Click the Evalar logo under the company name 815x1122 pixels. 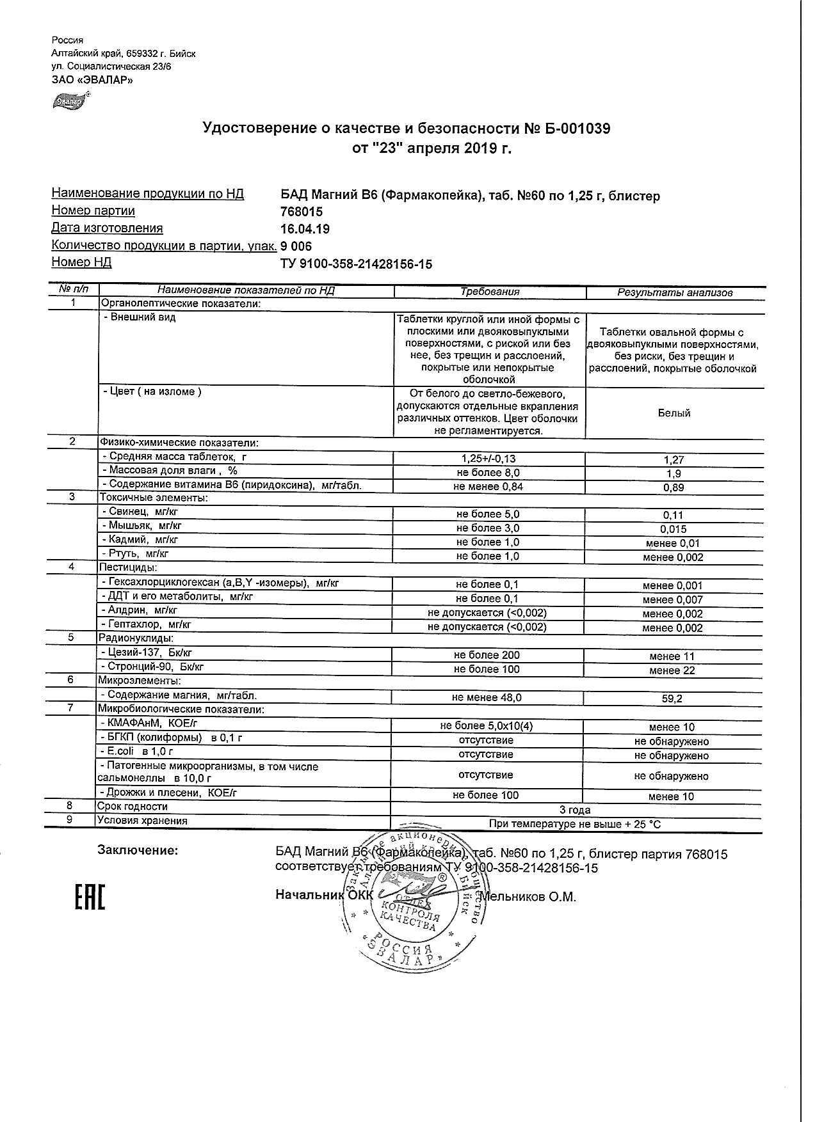click(70, 100)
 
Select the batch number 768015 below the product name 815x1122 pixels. click(302, 212)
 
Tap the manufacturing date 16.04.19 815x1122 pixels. click(305, 229)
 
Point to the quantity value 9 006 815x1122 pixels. click(296, 246)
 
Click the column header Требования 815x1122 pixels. click(490, 292)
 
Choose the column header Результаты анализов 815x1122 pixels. click(675, 292)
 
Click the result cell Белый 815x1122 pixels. click(674, 413)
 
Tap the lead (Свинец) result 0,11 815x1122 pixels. click(673, 515)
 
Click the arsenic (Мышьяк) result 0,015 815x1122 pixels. click(673, 529)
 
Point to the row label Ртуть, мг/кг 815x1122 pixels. click(136, 554)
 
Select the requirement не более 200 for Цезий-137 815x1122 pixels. click(487, 655)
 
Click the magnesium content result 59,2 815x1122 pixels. click(672, 699)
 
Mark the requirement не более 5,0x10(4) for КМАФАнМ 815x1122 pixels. click(487, 727)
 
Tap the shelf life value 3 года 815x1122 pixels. click(575, 810)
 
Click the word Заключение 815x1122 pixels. click(138, 851)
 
